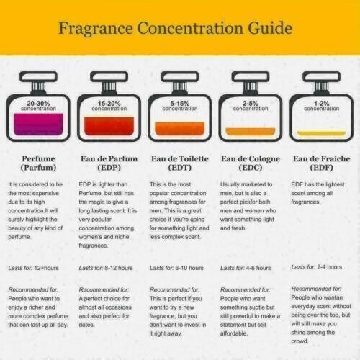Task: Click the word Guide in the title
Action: [270, 28]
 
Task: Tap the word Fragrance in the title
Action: [96, 28]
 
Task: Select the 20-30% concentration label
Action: [38, 106]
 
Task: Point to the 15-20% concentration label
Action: [109, 106]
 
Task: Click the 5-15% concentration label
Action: [180, 106]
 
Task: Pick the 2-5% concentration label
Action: [251, 106]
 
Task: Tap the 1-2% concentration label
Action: [322, 106]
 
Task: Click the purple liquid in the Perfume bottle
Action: [38, 125]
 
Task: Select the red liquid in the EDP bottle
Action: [109, 126]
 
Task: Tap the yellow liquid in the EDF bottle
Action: [322, 133]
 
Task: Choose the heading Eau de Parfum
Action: [109, 158]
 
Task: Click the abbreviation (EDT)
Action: [180, 168]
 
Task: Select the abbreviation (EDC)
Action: [251, 168]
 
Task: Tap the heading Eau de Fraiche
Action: [322, 158]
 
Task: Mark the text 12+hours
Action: [46, 268]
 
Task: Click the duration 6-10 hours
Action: [189, 268]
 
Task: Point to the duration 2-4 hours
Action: [329, 267]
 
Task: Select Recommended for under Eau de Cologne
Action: [246, 289]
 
